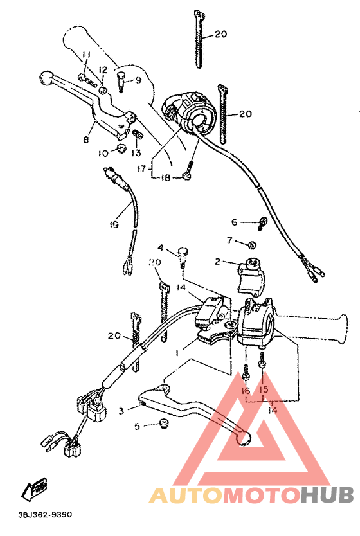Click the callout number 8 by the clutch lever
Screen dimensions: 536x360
(x=85, y=139)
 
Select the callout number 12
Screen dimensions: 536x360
(x=103, y=70)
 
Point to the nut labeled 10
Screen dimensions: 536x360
(x=119, y=150)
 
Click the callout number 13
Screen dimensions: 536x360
(x=136, y=153)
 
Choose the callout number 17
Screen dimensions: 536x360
(x=141, y=168)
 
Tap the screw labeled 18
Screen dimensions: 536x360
(x=186, y=175)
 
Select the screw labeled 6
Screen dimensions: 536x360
(x=263, y=223)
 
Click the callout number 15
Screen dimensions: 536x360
(x=263, y=390)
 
